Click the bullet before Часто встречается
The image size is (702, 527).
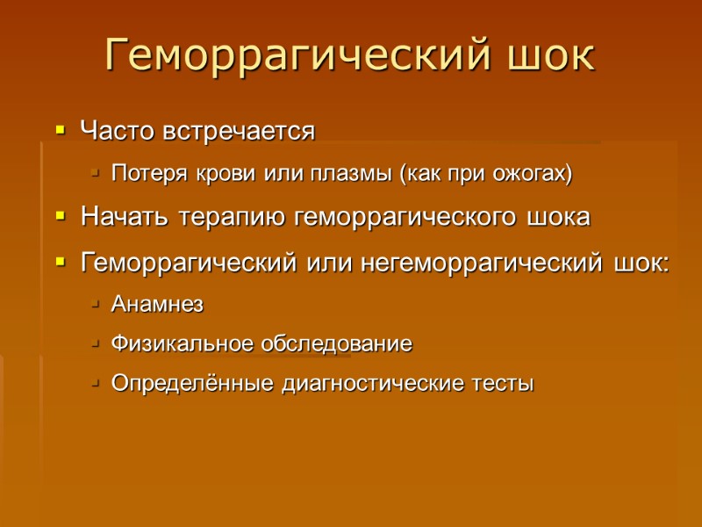pyautogui.click(x=60, y=132)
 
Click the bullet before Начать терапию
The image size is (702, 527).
pyautogui.click(x=60, y=216)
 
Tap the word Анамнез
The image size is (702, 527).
pyautogui.click(x=158, y=305)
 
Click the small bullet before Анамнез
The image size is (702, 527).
pyautogui.click(x=95, y=305)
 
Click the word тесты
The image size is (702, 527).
pyautogui.click(x=503, y=384)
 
